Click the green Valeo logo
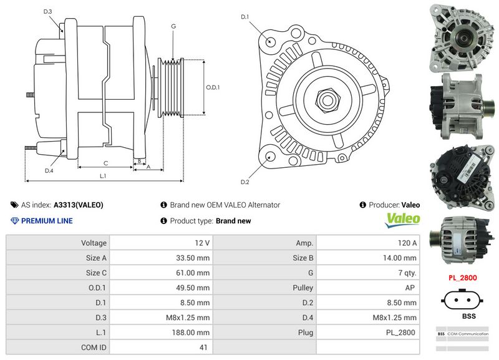coord(403,220)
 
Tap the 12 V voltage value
coord(159,243)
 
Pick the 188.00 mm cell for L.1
coord(159,333)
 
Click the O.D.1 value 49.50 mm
coord(159,288)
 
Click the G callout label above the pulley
coord(173,27)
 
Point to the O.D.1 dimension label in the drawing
coord(213,87)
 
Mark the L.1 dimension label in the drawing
coord(104,177)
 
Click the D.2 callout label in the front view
coord(245,182)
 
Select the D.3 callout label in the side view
coord(48,12)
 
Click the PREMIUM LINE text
coord(47,221)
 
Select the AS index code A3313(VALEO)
coord(78,205)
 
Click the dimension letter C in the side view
coord(106,163)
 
